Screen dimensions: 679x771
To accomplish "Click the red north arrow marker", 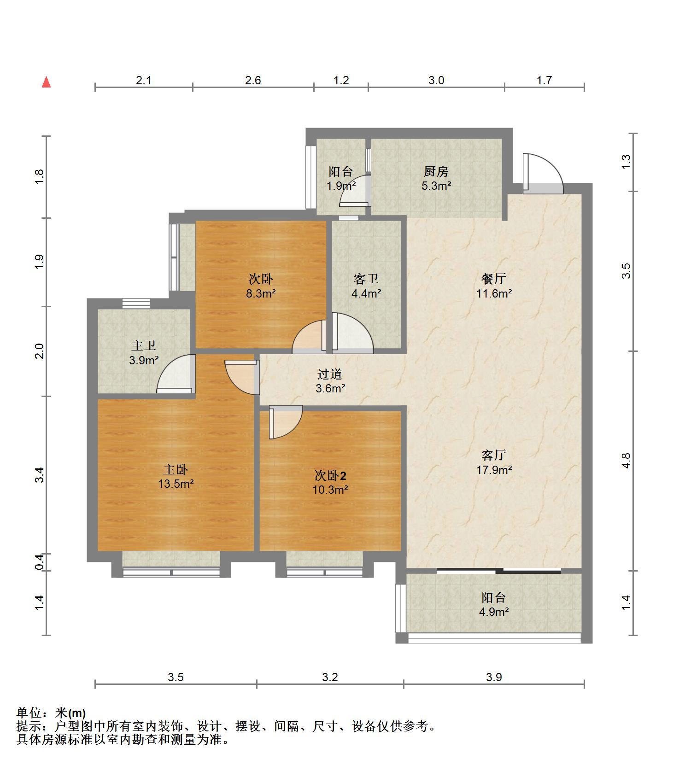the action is coord(46,82).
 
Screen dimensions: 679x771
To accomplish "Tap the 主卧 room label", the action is coord(176,469).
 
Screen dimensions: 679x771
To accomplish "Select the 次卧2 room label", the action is coord(330,475).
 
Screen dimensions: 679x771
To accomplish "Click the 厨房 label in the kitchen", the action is coord(436,172).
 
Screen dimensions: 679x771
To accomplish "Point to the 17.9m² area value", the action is coord(494,470).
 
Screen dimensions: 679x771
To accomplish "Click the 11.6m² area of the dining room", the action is coord(494,293).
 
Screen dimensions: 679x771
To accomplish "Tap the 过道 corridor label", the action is coord(330,374).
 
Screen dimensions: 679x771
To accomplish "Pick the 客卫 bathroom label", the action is coord(366,279).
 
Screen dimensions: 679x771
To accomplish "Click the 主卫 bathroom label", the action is coord(144,346).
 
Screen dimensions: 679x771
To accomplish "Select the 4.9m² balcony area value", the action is coord(494,612).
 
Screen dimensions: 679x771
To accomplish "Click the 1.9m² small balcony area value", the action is coord(341,186).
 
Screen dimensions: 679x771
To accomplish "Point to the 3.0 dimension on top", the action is coord(436,81).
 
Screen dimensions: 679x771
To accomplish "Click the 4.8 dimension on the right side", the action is coord(625,461).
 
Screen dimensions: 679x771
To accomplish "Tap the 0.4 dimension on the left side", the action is coord(40,561).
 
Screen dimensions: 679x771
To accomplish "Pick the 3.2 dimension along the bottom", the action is coord(330,677).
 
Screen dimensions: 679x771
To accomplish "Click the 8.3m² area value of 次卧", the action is coord(261,293).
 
